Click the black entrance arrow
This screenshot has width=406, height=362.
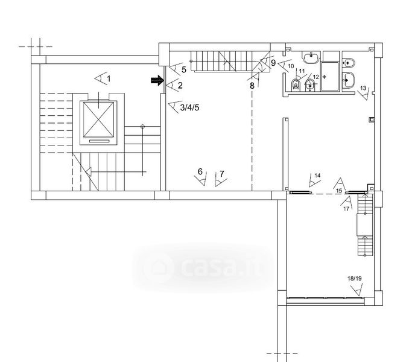pyautogui.click(x=157, y=80)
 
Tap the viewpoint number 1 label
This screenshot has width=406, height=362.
pyautogui.click(x=109, y=78)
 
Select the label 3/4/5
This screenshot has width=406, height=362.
pyautogui.click(x=189, y=107)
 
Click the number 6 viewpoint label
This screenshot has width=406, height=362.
pyautogui.click(x=200, y=171)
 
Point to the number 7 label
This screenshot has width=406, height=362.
pyautogui.click(x=221, y=174)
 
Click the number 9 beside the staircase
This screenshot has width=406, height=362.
pyautogui.click(x=273, y=63)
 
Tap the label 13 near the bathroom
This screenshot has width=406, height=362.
pyautogui.click(x=363, y=88)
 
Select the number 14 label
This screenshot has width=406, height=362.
pyautogui.click(x=317, y=176)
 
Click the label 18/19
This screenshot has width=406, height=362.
pyautogui.click(x=355, y=279)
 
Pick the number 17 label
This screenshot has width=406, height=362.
pyautogui.click(x=346, y=209)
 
